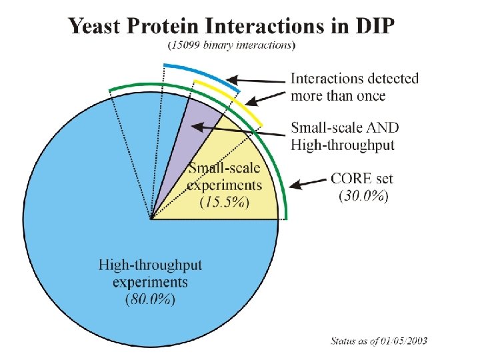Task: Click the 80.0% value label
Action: pyautogui.click(x=150, y=299)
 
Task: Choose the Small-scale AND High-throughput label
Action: pyautogui.click(x=343, y=135)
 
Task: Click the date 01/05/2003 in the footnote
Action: pyautogui.click(x=404, y=341)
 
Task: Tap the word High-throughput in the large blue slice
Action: pyautogui.click(x=150, y=266)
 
